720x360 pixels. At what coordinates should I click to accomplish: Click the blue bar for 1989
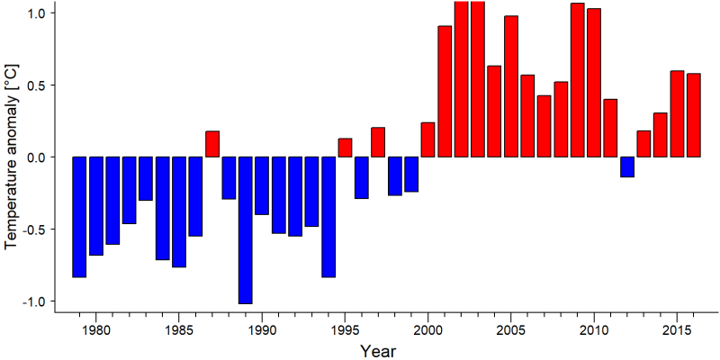pyautogui.click(x=245, y=230)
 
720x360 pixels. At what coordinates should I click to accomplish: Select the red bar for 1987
pyautogui.click(x=212, y=144)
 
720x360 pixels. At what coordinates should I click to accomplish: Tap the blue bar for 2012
pyautogui.click(x=627, y=166)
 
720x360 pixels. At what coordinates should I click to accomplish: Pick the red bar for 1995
pyautogui.click(x=345, y=148)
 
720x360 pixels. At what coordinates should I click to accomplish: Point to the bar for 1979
pyautogui.click(x=79, y=217)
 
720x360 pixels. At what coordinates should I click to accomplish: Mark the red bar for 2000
pyautogui.click(x=428, y=139)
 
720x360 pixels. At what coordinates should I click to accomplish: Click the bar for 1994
pyautogui.click(x=328, y=217)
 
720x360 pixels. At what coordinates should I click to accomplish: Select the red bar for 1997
pyautogui.click(x=378, y=142)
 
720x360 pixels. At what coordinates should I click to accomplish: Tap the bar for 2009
pyautogui.click(x=577, y=80)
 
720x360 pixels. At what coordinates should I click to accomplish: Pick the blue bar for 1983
pyautogui.click(x=146, y=178)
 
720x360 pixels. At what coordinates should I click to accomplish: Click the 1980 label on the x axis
pyautogui.click(x=95, y=330)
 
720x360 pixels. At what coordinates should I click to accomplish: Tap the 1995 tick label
pyautogui.click(x=345, y=330)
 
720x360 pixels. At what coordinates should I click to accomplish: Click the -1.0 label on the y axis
pyautogui.click(x=35, y=301)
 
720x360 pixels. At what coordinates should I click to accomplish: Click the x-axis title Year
pyautogui.click(x=377, y=350)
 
